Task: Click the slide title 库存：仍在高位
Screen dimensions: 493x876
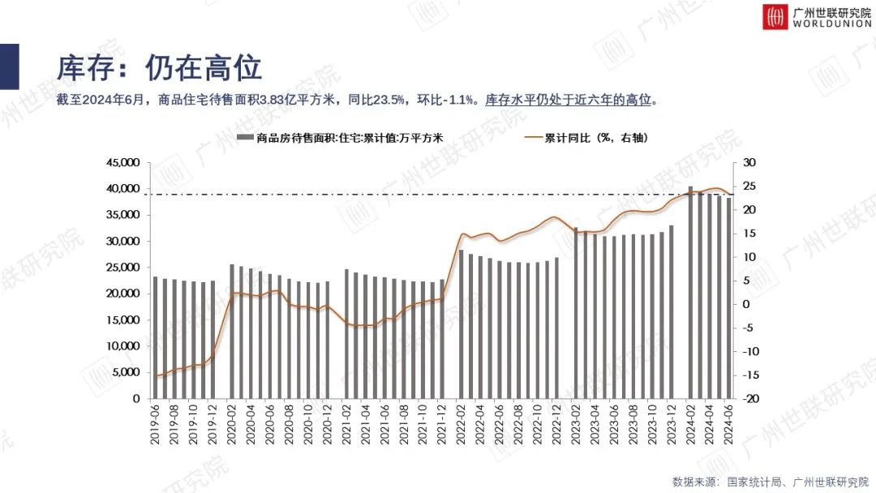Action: click(x=159, y=67)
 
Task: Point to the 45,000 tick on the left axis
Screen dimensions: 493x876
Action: click(x=122, y=163)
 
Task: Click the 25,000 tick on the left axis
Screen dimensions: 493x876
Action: click(x=122, y=268)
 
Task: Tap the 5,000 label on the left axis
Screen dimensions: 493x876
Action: click(x=126, y=372)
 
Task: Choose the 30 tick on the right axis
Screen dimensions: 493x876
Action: click(x=749, y=163)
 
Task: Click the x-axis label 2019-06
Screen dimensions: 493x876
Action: click(x=155, y=425)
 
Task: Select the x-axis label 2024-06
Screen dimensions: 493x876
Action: click(x=728, y=425)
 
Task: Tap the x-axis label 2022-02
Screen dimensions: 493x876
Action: click(x=462, y=425)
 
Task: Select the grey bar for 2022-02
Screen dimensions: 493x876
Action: click(x=462, y=324)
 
